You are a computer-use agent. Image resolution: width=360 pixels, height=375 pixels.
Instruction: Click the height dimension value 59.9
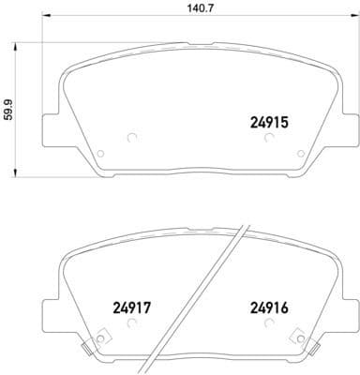(x=8, y=111)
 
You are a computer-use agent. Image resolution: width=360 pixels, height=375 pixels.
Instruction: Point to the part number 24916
(x=268, y=305)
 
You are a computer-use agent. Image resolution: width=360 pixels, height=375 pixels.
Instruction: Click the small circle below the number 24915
(x=269, y=139)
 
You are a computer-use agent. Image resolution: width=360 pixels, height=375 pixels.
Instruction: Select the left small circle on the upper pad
(x=131, y=139)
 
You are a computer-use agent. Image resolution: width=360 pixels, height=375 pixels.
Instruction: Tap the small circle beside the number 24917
(x=131, y=323)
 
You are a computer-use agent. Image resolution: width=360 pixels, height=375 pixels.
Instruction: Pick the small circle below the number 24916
(x=269, y=323)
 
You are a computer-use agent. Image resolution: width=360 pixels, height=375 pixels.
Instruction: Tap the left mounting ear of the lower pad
(x=53, y=314)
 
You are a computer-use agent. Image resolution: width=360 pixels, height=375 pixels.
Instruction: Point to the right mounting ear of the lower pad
(x=332, y=314)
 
